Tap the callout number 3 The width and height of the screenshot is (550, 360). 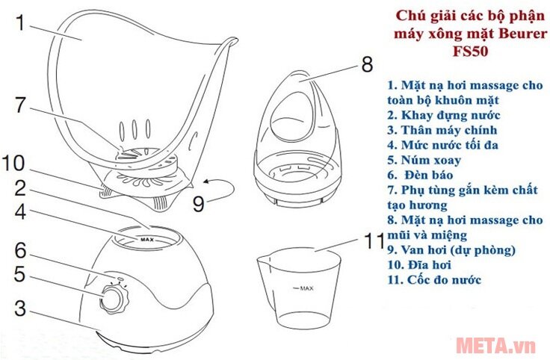pyautogui.click(x=21, y=308)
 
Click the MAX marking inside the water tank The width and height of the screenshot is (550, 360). pyautogui.click(x=146, y=240)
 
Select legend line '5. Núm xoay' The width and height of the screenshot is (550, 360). pyautogui.click(x=424, y=159)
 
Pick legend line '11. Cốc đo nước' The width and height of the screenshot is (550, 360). pyautogui.click(x=434, y=279)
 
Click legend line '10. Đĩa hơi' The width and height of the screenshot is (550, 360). pyautogui.click(x=423, y=264)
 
